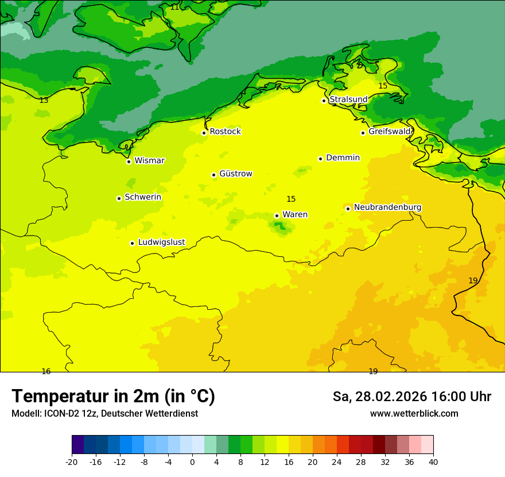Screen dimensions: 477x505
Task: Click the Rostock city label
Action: tap(225, 132)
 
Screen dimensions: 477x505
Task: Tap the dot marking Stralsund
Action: tap(324, 101)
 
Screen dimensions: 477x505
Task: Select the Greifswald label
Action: tap(390, 132)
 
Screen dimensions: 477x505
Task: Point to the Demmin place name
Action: tap(343, 158)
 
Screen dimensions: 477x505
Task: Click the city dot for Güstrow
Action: tap(213, 175)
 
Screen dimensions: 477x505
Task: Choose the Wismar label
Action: tap(149, 161)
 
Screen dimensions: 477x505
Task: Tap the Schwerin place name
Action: tap(143, 197)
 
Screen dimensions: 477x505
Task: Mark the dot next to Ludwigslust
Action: tap(132, 243)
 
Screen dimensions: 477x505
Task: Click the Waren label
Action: tap(295, 215)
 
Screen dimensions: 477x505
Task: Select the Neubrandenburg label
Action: tap(387, 207)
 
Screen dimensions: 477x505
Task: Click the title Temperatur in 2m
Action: tap(113, 397)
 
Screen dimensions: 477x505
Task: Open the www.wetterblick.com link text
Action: tap(414, 414)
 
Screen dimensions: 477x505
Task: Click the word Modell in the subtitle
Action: tap(25, 414)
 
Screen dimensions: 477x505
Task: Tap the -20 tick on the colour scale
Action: tap(72, 462)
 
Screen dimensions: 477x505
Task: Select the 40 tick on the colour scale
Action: tap(433, 462)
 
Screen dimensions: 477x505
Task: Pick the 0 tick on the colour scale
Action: tap(192, 462)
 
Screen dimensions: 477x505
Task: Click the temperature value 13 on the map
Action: tap(44, 101)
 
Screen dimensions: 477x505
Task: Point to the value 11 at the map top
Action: tap(174, 7)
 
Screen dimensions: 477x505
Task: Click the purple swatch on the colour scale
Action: tap(77, 445)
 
